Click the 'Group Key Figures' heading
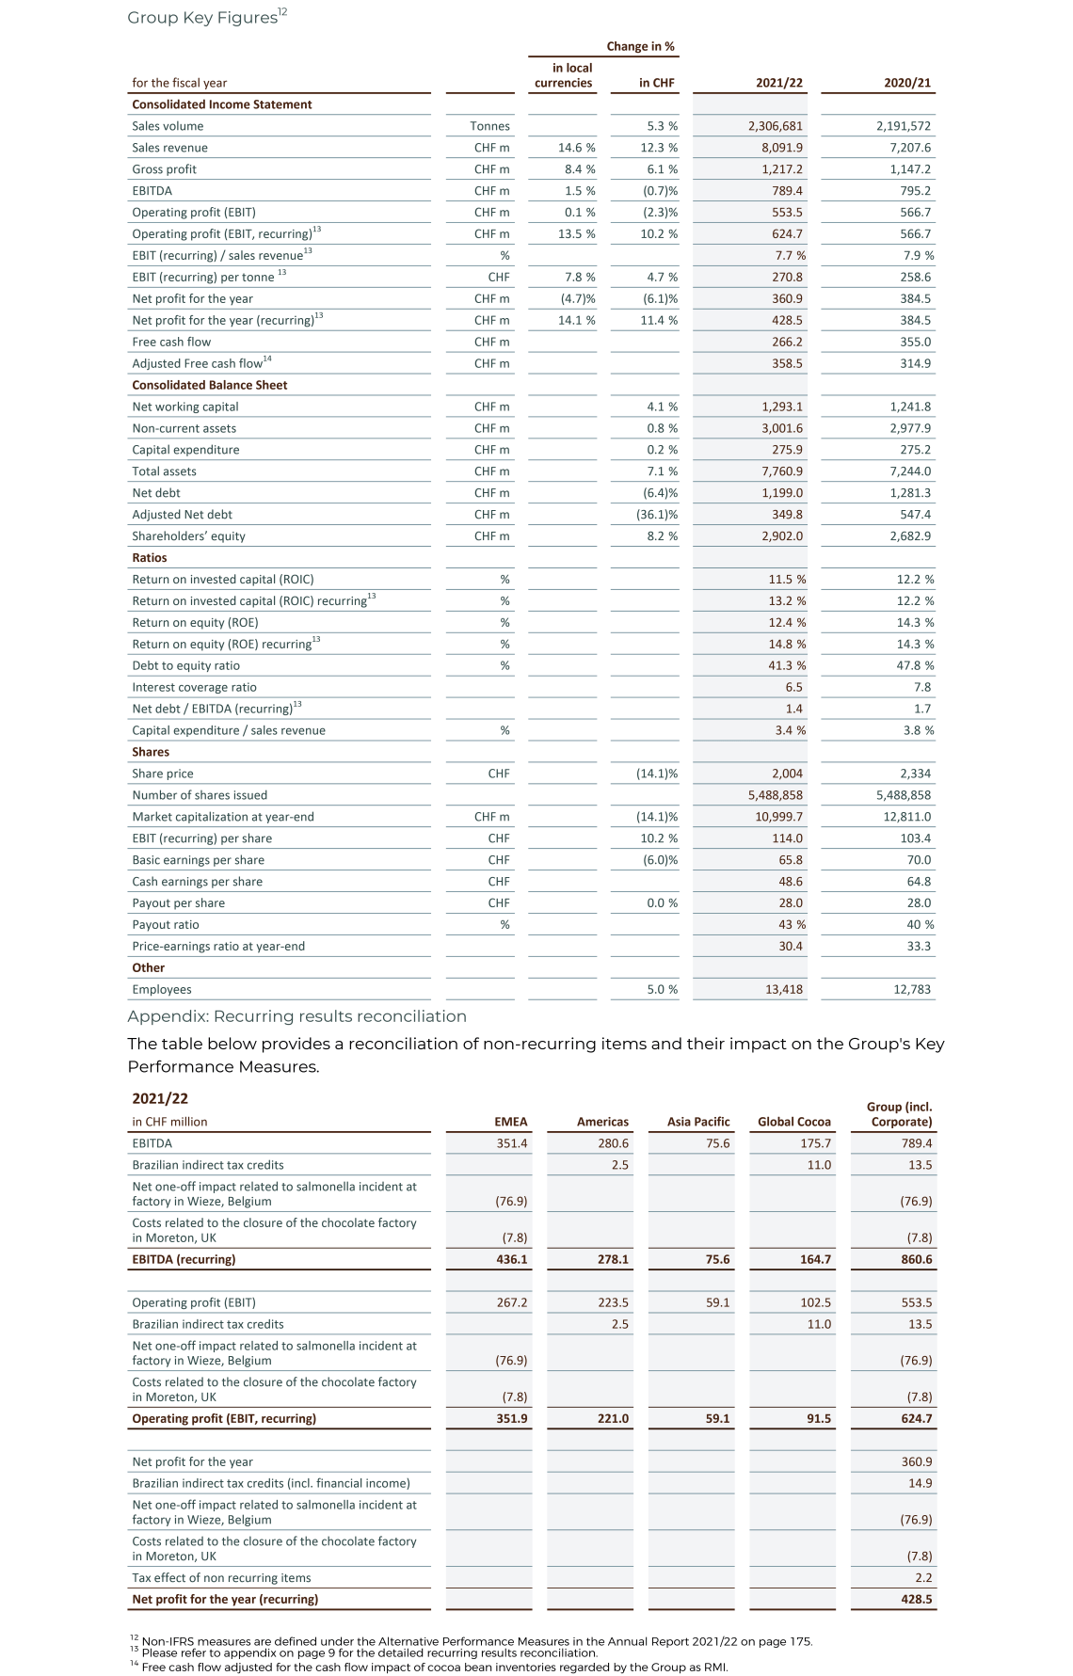pos(202,17)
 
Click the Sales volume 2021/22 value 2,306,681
pos(776,126)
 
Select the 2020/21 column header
pos(906,83)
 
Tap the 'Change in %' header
pos(640,46)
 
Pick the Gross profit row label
pos(165,169)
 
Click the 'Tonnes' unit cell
pos(489,126)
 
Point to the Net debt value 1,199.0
pos(782,493)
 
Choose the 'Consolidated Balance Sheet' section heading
pos(210,385)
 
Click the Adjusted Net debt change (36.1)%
pos(657,515)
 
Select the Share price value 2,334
pos(915,774)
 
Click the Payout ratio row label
pos(166,925)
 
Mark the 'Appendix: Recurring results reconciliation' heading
pos(296,1016)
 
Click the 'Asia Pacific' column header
pos(698,1122)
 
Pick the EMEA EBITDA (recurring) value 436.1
pos(511,1259)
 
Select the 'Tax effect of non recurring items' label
pos(221,1577)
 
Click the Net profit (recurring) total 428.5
pos(916,1599)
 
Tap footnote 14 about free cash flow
pos(433,1667)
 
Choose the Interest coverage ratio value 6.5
pos(793,687)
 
